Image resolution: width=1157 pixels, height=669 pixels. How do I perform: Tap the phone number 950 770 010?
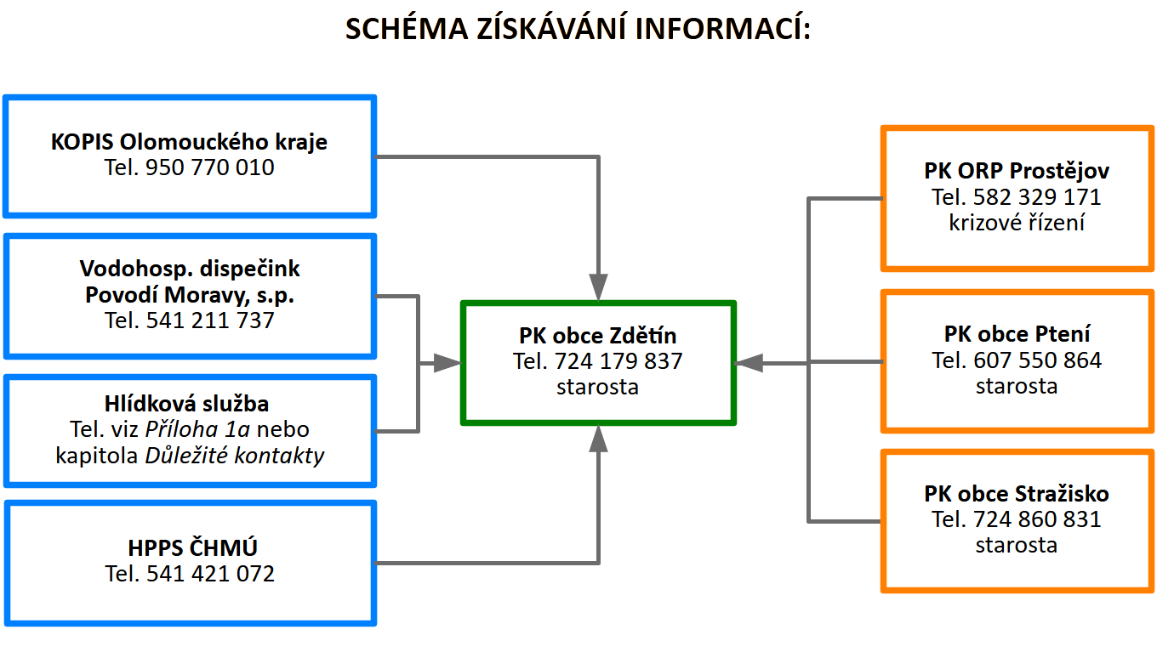210,167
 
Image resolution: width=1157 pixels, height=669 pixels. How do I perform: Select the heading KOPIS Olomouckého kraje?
189,141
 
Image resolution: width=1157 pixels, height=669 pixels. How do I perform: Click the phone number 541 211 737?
210,320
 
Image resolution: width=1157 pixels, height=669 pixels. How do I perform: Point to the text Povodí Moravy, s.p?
190,295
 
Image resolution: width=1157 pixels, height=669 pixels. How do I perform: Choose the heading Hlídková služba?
190,404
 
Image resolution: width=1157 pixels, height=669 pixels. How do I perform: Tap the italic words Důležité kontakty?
235,455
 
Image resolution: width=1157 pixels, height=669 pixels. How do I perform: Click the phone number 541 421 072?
210,574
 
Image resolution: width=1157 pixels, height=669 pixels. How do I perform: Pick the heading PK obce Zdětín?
598,335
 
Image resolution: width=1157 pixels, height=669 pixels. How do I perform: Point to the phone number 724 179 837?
618,361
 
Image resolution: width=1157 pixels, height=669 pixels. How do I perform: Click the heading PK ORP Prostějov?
1017,171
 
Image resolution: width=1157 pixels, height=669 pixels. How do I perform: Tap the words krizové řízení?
1017,223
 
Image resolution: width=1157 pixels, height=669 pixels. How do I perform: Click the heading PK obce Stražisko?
1017,493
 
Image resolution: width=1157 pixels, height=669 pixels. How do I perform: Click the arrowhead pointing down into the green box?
599,286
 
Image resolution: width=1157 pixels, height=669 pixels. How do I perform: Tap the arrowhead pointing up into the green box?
599,439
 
